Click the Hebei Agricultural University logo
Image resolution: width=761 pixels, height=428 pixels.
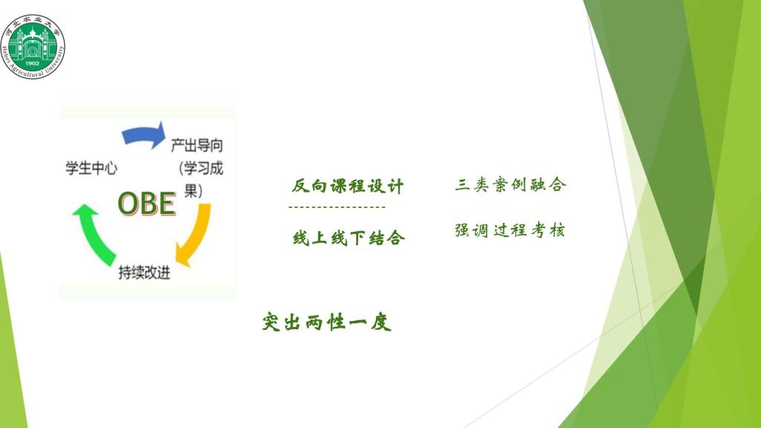pyautogui.click(x=33, y=47)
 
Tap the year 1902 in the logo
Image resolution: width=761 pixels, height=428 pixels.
pyautogui.click(x=32, y=63)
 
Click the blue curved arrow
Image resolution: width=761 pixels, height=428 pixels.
pyautogui.click(x=143, y=134)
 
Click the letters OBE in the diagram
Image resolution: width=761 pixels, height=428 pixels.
pyautogui.click(x=146, y=203)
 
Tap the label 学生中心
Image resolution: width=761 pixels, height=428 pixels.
pyautogui.click(x=91, y=168)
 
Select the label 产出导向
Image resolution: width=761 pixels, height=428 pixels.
pyautogui.click(x=197, y=145)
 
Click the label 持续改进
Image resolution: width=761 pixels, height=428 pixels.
pyautogui.click(x=145, y=272)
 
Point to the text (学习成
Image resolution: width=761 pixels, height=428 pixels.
pyautogui.click(x=201, y=169)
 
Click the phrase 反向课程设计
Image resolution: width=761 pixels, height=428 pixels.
pyautogui.click(x=348, y=186)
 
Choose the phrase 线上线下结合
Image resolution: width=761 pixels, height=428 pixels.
pyautogui.click(x=349, y=238)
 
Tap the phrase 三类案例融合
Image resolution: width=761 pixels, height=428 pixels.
pyautogui.click(x=511, y=184)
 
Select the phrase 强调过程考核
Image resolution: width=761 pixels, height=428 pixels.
pyautogui.click(x=510, y=230)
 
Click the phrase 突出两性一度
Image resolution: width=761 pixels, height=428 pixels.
pyautogui.click(x=327, y=322)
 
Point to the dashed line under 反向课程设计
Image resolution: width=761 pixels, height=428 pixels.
pyautogui.click(x=337, y=207)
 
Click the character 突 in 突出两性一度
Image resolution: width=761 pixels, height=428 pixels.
pyautogui.click(x=271, y=322)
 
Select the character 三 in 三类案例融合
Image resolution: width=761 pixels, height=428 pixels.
pyautogui.click(x=462, y=185)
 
